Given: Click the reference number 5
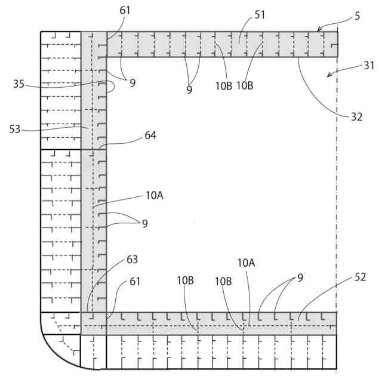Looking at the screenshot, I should click(357, 16).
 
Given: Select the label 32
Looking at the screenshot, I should click(356, 117).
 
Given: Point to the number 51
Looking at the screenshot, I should click(260, 15).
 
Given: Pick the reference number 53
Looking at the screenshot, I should click(16, 128).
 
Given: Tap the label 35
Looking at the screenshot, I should click(19, 84).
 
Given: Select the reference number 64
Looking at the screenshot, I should click(150, 135).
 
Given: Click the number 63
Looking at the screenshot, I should click(132, 260).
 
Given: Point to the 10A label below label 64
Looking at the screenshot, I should click(153, 195).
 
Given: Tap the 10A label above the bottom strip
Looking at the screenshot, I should click(246, 263).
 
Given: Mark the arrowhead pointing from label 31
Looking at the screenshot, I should click(328, 76).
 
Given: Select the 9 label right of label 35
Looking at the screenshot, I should click(133, 83).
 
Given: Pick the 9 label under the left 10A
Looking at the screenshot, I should click(144, 223).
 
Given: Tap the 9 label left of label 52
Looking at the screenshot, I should click(300, 278).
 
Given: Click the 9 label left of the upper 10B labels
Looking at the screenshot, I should click(189, 90).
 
